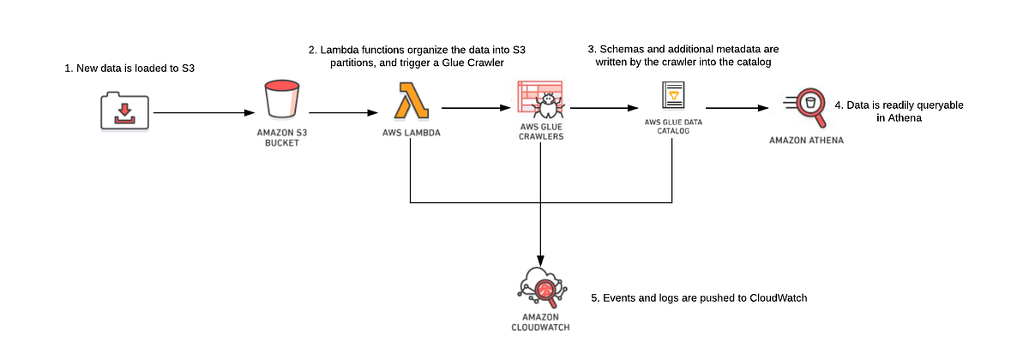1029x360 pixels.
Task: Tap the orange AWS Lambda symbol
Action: [411, 101]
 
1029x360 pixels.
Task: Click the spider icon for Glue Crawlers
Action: [540, 103]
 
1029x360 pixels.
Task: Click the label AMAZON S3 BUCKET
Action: [282, 138]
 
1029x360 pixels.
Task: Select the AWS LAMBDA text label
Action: [411, 135]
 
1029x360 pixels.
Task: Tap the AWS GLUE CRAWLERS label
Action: [540, 133]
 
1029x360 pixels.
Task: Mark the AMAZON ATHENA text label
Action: [806, 140]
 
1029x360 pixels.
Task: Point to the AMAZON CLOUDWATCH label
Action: [540, 321]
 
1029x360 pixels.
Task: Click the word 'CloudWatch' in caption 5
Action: [775, 298]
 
